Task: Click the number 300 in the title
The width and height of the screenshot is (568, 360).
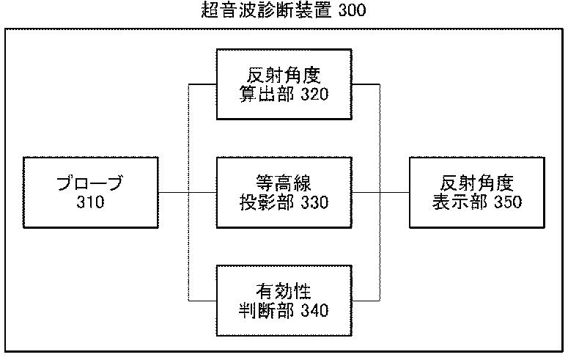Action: [x=352, y=10]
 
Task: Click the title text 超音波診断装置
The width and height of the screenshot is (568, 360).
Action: [x=266, y=10]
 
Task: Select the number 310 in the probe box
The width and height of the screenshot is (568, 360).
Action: [x=91, y=202]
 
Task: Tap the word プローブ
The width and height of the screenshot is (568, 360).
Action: [x=90, y=183]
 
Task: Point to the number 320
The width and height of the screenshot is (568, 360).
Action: [x=315, y=95]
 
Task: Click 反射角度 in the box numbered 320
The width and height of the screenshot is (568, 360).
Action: [x=284, y=76]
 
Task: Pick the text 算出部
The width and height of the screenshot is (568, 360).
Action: [x=267, y=95]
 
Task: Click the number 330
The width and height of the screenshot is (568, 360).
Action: [x=315, y=202]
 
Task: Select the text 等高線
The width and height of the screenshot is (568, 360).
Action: [x=284, y=183]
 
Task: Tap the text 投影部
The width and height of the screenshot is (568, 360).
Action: [x=267, y=202]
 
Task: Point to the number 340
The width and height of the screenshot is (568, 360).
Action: [x=315, y=310]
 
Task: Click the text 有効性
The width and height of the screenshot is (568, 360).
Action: [x=284, y=291]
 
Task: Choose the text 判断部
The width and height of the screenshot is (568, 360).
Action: [x=267, y=310]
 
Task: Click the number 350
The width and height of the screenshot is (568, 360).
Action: [x=508, y=202]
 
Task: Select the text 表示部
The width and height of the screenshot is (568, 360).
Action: [x=460, y=202]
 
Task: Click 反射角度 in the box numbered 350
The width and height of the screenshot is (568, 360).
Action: [x=477, y=183]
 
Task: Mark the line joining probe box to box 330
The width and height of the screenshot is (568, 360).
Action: [x=188, y=193]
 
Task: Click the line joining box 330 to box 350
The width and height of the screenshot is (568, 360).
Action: [x=380, y=193]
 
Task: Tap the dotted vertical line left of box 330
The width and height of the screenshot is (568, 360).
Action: [x=188, y=193]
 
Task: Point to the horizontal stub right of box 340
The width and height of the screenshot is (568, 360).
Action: [x=366, y=301]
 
